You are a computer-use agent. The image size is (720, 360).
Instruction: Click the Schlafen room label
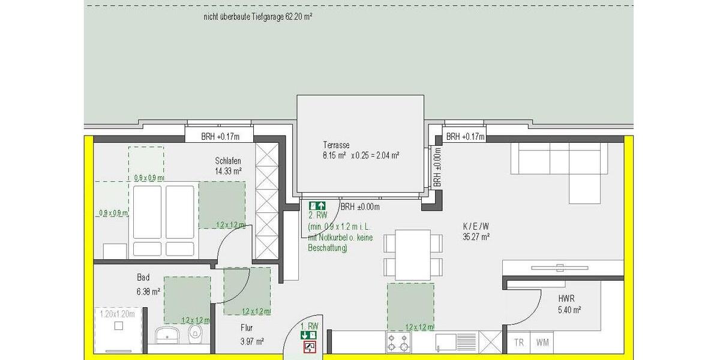[228, 161]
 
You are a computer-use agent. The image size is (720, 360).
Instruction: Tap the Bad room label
[143, 278]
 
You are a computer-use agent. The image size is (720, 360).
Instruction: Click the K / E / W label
[476, 226]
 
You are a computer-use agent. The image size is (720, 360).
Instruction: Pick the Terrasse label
[336, 145]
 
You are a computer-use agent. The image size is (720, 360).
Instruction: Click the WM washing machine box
[542, 343]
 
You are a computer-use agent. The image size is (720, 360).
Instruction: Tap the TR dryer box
[520, 343]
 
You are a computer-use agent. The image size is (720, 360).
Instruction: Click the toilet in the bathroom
[194, 333]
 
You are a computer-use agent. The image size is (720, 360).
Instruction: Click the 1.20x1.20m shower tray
[117, 331]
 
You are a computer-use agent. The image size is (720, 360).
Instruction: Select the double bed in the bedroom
[163, 220]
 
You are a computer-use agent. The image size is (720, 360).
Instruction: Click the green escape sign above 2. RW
[317, 205]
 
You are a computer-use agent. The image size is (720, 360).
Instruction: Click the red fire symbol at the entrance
[309, 346]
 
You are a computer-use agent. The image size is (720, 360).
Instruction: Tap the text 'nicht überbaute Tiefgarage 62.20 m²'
[258, 17]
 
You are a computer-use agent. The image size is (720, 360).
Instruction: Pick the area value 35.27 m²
[476, 237]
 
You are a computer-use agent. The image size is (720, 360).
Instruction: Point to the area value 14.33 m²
[228, 171]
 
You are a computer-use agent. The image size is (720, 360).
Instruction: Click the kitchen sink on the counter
[448, 343]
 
